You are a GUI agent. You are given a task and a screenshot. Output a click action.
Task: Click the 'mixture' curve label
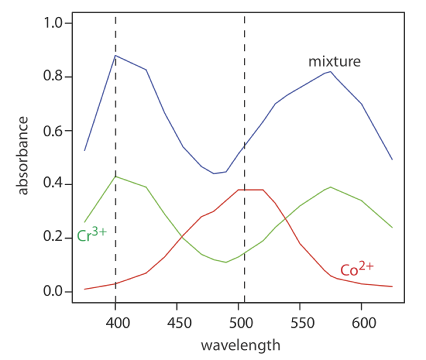(x=335, y=60)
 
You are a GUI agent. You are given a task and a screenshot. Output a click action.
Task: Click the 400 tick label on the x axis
(x=115, y=324)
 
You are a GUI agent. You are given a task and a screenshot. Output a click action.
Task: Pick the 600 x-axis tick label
(x=361, y=324)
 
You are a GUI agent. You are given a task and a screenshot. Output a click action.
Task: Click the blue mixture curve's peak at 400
(x=115, y=56)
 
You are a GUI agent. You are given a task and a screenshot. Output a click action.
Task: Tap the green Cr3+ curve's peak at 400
(x=115, y=177)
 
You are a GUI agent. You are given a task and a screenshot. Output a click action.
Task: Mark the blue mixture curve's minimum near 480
(x=214, y=173)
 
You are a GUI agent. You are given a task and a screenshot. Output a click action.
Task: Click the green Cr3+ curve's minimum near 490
(x=226, y=262)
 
